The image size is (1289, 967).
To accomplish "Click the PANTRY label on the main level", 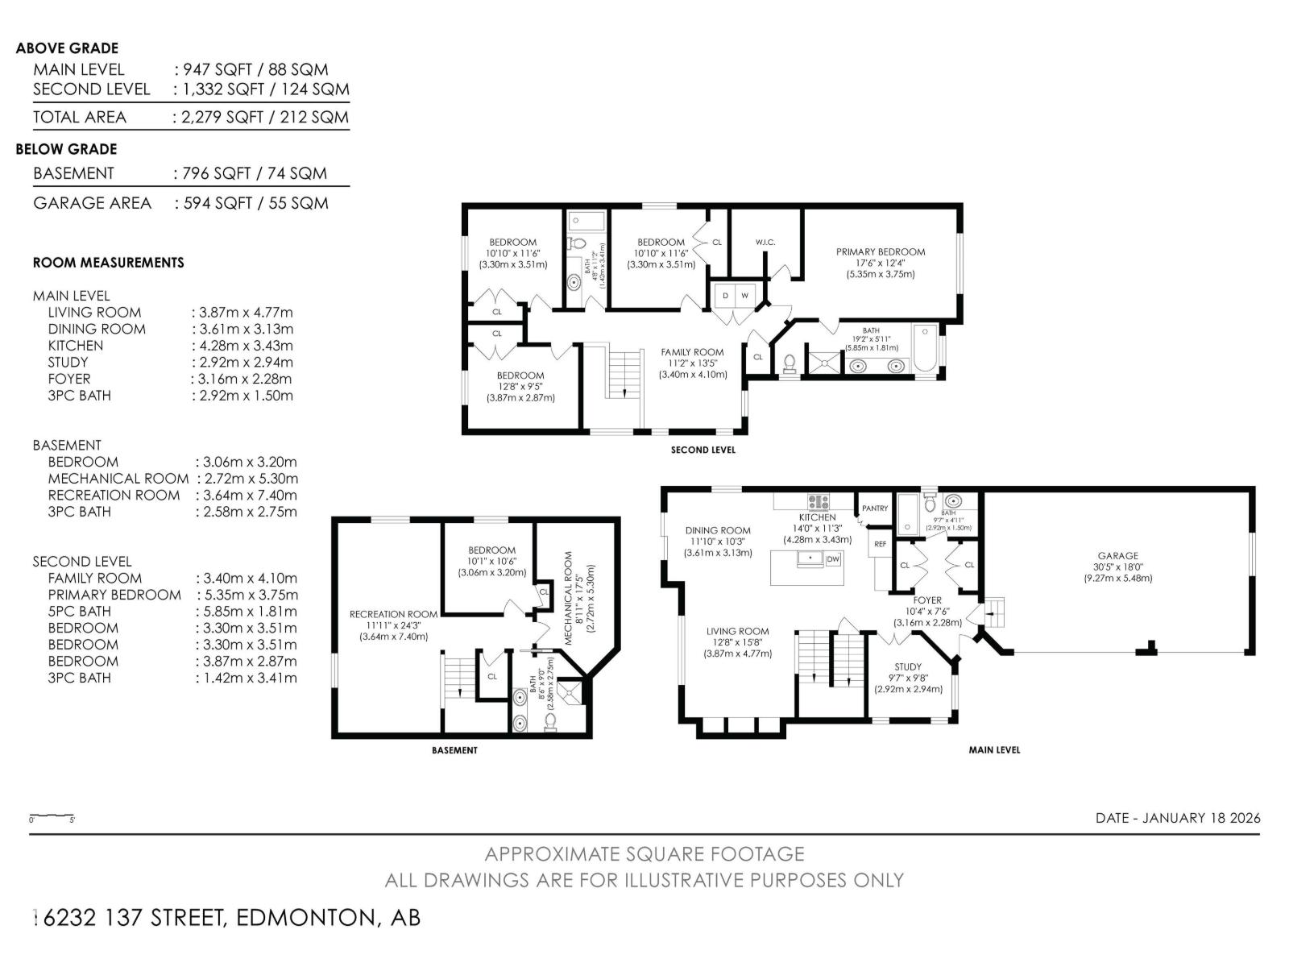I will pos(875,508).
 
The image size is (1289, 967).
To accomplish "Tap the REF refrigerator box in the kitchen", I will pos(881,545).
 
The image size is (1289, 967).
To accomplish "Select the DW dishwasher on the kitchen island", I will pos(833,558).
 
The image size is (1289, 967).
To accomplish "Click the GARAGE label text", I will pos(1118,556).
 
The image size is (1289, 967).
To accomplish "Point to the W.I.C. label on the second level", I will pos(765,243).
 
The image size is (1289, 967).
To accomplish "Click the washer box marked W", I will pos(745,296).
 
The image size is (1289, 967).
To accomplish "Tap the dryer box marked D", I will pos(725,296).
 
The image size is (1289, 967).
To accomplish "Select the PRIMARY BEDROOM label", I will pos(881,252).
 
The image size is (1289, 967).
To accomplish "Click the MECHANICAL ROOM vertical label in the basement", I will pos(569,591).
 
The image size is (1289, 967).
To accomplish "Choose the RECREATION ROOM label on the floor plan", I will pos(394,615).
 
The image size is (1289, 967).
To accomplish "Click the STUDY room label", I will pos(908,667).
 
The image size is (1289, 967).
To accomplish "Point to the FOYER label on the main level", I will pos(927,600).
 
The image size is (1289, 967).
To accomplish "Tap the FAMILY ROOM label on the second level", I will pos(693,352).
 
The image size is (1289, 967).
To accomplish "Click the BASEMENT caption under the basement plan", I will pos(454,750).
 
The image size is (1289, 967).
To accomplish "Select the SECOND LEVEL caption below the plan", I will pos(703,450).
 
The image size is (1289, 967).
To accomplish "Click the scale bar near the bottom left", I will pos(52,817).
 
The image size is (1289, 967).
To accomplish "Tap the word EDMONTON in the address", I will pos(305,918).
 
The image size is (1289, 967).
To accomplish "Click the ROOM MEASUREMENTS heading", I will pos(109,263).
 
